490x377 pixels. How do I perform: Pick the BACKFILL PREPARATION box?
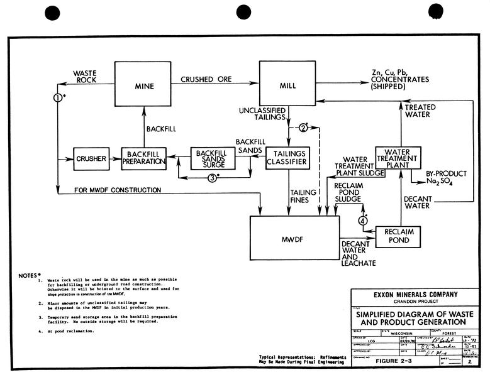point(143,159)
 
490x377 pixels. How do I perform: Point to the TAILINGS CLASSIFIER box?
point(287,158)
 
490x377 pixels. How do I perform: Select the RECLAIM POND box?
point(398,236)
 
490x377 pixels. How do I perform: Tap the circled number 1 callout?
point(57,97)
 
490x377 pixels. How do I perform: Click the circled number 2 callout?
point(303,128)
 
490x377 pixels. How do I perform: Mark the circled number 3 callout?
point(213,177)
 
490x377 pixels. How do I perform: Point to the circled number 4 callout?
point(362,220)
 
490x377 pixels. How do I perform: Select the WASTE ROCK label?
point(84,77)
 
